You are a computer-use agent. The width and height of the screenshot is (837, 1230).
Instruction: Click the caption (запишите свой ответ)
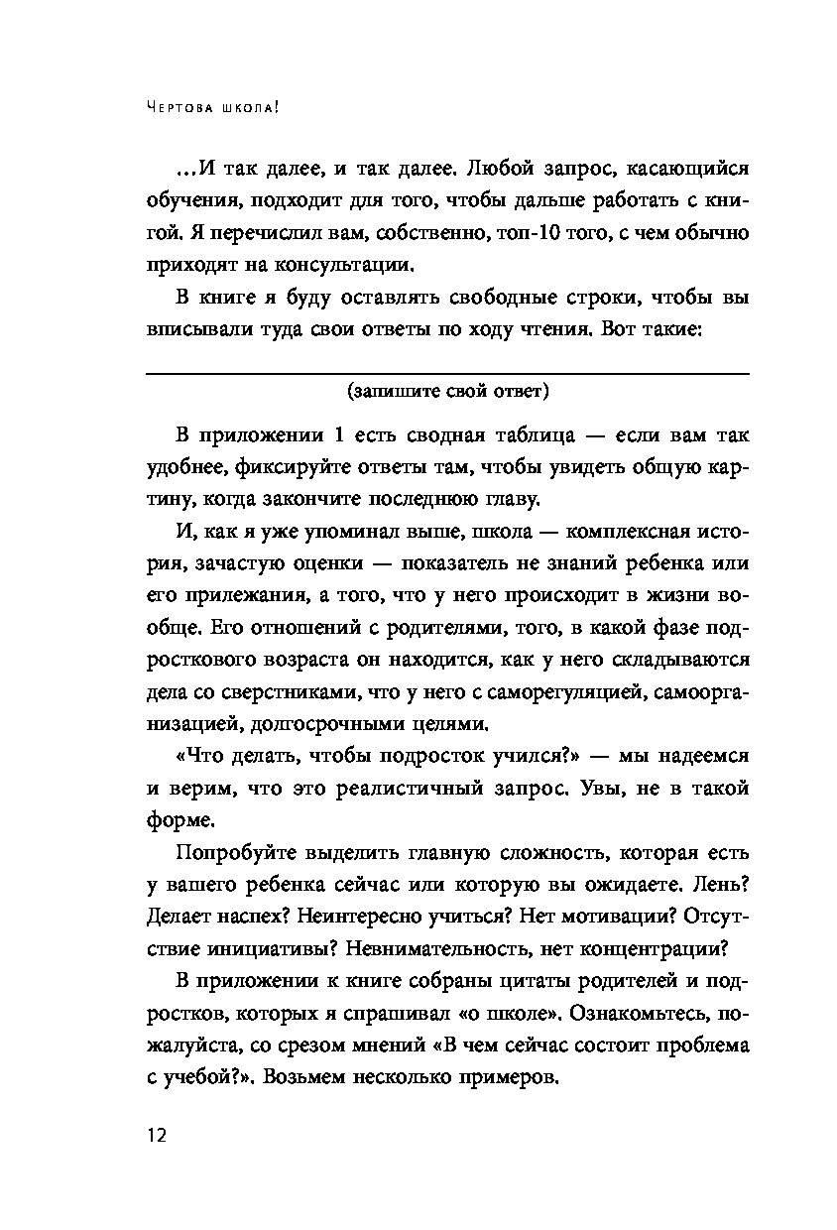447,391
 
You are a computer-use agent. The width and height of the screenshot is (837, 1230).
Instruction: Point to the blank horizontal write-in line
447,373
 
